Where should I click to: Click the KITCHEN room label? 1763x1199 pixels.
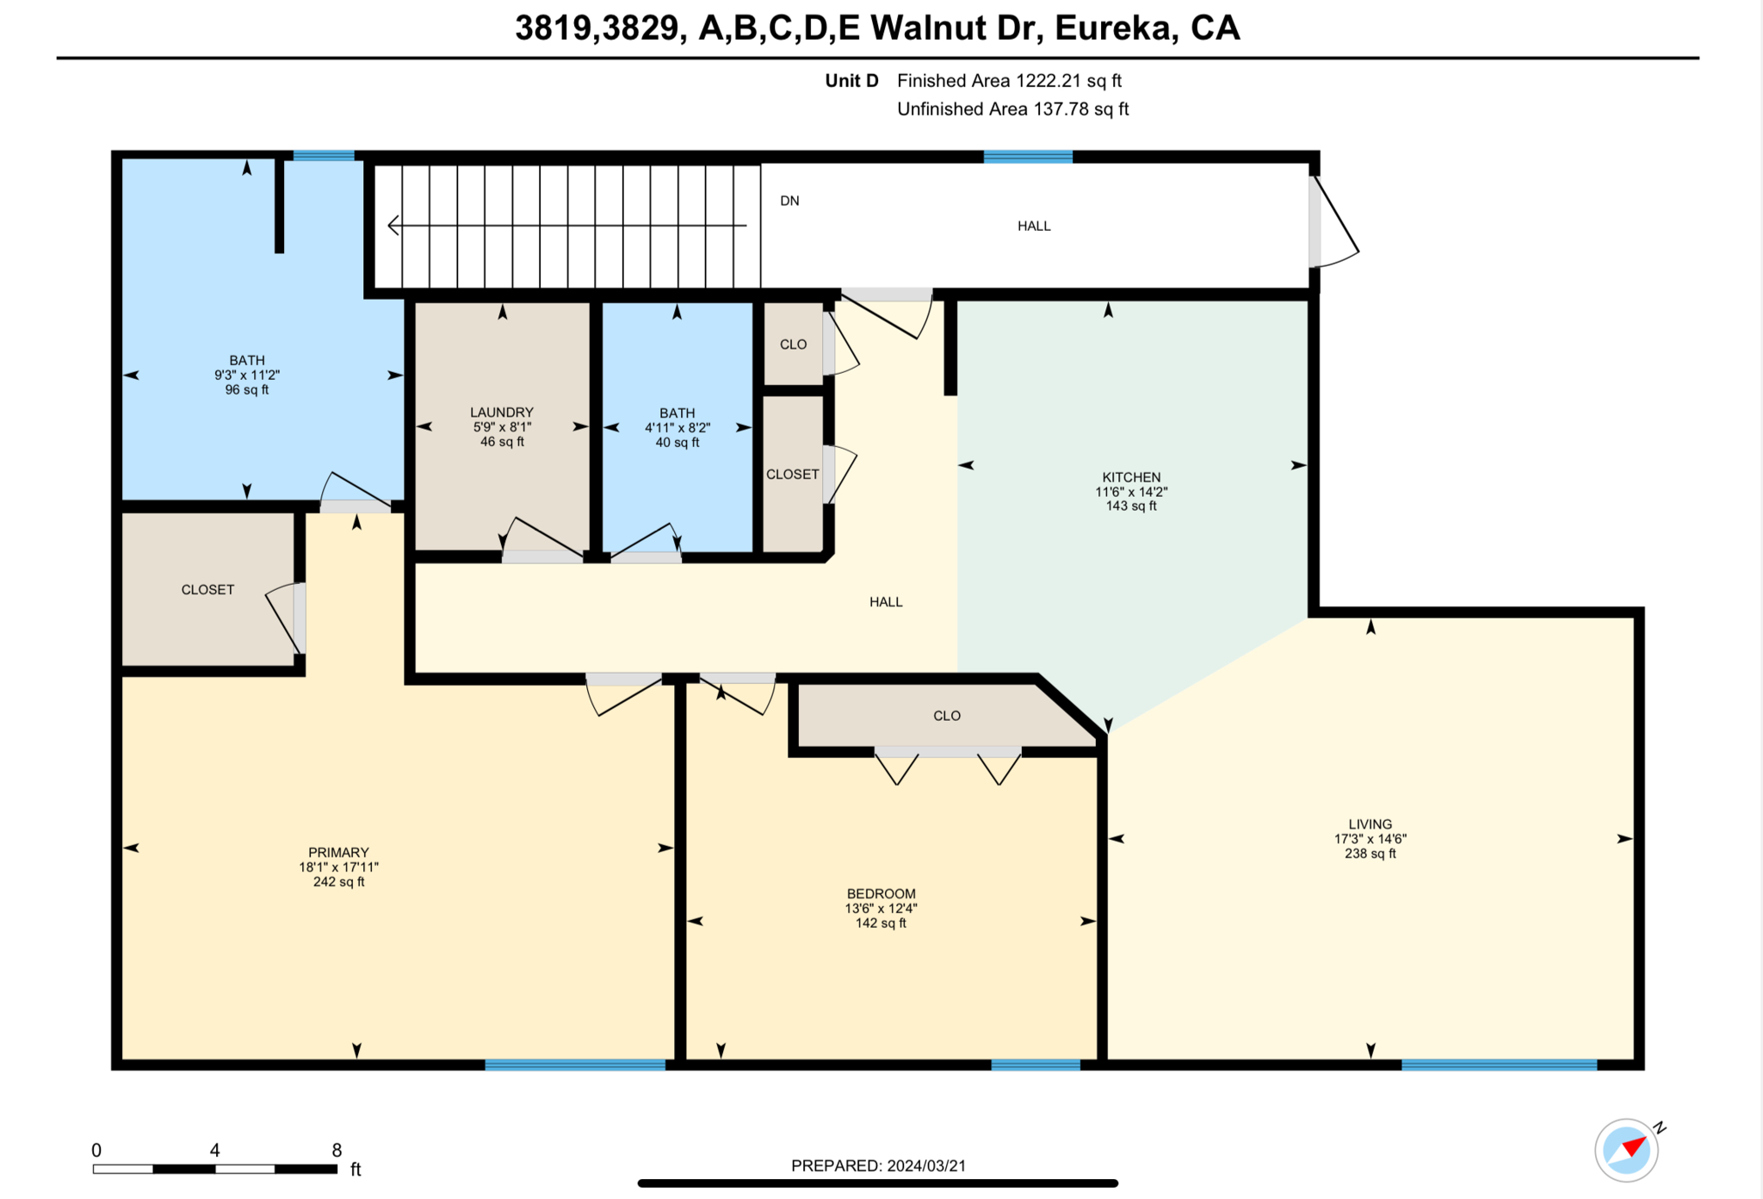tap(1131, 477)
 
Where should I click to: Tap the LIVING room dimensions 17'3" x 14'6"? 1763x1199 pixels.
tap(1370, 839)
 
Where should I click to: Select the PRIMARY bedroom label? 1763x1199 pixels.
tap(338, 852)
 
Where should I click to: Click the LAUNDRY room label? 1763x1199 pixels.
tap(502, 413)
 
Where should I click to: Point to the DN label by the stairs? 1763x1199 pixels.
tap(789, 201)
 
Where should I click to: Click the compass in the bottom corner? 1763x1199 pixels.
tap(1626, 1150)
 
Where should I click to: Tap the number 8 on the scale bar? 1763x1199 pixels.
tap(337, 1150)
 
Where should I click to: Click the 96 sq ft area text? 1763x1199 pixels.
tap(247, 390)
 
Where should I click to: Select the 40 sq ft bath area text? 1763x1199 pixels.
tap(677, 443)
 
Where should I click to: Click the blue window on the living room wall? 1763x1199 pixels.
tap(1499, 1065)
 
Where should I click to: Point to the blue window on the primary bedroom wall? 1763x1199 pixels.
tap(575, 1065)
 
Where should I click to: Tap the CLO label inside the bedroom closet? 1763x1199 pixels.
tap(946, 716)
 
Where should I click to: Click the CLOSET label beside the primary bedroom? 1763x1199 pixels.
tap(207, 590)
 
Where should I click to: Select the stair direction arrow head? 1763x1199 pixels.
tap(393, 226)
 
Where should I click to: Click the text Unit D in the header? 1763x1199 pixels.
tap(851, 81)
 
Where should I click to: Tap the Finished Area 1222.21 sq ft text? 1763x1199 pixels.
tap(1009, 81)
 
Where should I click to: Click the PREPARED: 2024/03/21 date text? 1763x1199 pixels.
tap(878, 1165)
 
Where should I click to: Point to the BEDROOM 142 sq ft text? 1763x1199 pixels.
tap(881, 923)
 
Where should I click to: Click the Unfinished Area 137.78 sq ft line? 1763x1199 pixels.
tap(1012, 109)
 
